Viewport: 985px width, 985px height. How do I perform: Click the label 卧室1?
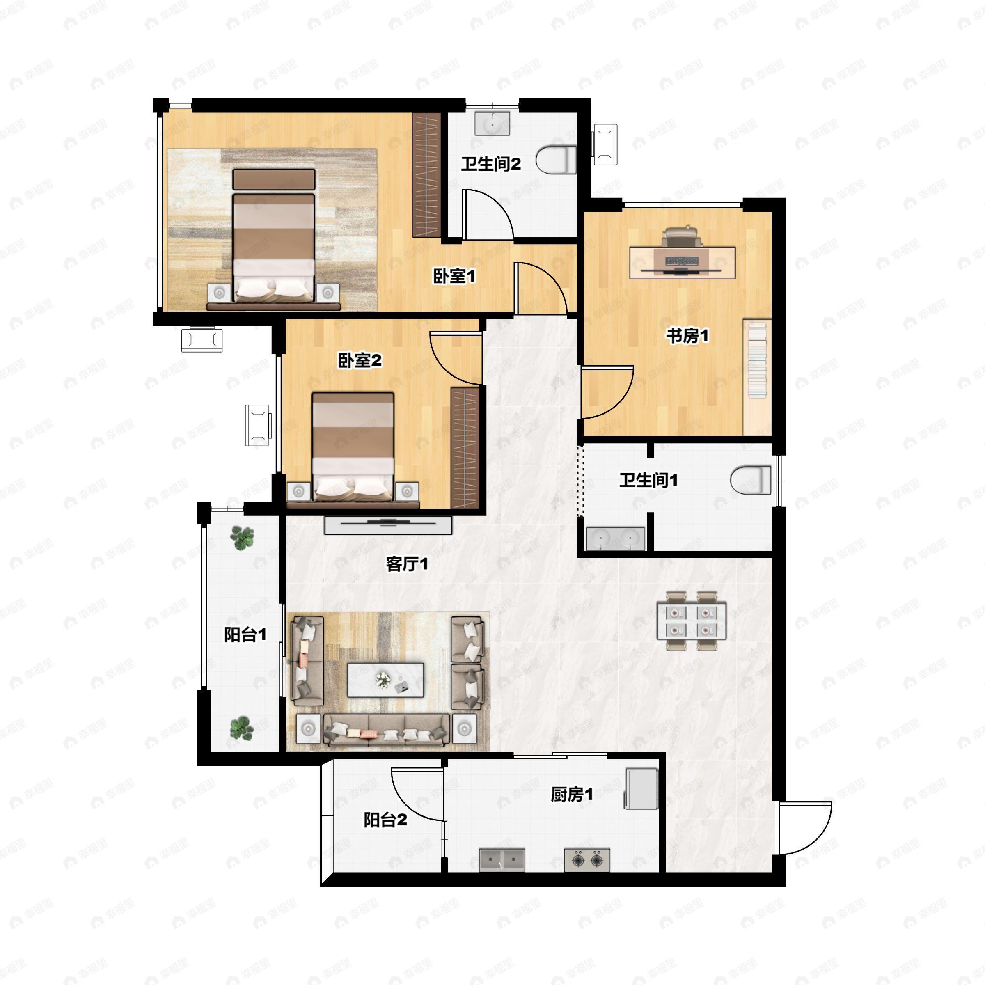click(x=454, y=276)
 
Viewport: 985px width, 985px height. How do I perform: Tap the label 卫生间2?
click(x=490, y=164)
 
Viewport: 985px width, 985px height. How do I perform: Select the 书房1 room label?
click(x=687, y=336)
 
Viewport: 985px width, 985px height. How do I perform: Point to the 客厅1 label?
click(x=407, y=564)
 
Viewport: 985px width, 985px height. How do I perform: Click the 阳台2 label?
click(x=385, y=820)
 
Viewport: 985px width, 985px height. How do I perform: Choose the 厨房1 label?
click(x=572, y=794)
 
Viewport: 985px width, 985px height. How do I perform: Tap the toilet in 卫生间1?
click(x=751, y=480)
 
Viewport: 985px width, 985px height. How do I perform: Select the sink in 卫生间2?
click(x=492, y=124)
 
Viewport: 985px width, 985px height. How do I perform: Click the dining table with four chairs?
click(x=691, y=621)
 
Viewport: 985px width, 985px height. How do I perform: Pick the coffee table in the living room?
click(x=385, y=680)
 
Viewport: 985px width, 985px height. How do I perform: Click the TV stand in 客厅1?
click(x=388, y=526)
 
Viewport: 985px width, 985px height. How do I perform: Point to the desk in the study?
click(x=682, y=263)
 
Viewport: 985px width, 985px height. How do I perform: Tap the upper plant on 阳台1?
click(x=242, y=537)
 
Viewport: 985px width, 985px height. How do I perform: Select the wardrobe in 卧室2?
click(x=465, y=448)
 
